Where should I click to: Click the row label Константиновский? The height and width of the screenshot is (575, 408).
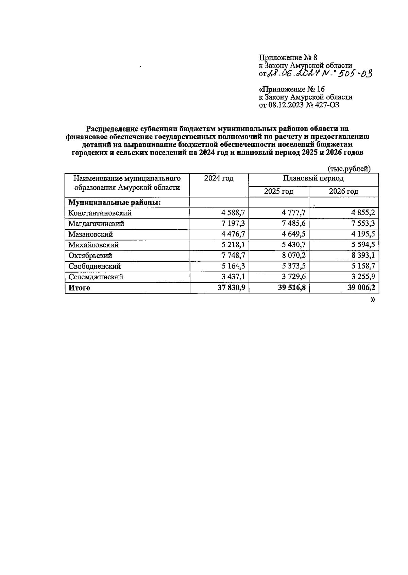(100, 213)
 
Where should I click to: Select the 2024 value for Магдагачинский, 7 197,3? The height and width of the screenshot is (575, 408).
(233, 224)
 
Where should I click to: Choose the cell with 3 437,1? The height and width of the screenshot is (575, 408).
(233, 277)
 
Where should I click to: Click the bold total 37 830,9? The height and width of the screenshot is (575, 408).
(231, 288)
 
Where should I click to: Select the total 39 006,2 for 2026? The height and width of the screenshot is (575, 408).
(360, 288)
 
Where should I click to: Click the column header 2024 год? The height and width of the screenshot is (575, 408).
(219, 178)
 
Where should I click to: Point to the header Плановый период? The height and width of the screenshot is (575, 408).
(313, 178)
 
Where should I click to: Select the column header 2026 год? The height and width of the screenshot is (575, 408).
(343, 192)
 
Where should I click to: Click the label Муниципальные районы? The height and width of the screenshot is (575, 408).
(115, 203)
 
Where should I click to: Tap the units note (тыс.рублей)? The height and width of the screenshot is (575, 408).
(349, 169)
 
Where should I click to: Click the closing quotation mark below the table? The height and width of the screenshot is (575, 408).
(373, 299)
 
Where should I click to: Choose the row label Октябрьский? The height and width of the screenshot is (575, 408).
(90, 256)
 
